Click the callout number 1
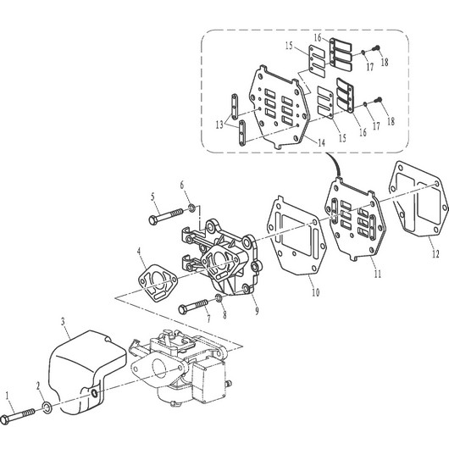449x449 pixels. (8, 396)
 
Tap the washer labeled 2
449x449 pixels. (47, 407)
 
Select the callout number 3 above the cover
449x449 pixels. (64, 321)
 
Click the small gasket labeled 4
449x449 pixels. (158, 283)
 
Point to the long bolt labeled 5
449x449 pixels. (166, 216)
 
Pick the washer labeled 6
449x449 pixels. (191, 208)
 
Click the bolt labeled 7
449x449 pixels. (192, 306)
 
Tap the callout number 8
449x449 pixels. (224, 314)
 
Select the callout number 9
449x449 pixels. (257, 311)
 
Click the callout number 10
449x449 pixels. (315, 292)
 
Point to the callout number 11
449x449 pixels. (378, 274)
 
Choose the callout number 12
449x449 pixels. (435, 253)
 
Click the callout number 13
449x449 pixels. (219, 125)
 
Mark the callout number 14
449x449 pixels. (322, 142)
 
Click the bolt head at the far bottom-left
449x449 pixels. (5, 420)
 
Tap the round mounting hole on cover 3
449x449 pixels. (94, 394)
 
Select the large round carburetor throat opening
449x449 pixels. (158, 369)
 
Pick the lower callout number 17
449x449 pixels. (376, 126)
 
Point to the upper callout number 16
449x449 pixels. (318, 37)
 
